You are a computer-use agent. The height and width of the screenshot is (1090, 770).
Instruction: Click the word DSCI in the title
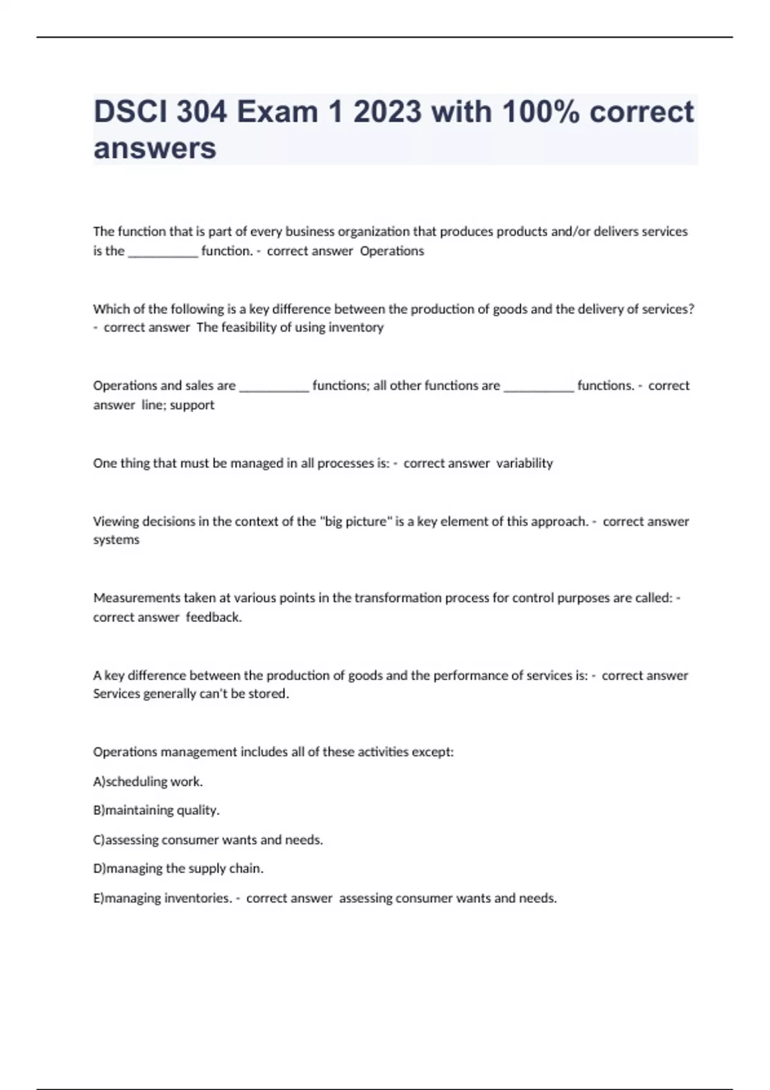click(130, 112)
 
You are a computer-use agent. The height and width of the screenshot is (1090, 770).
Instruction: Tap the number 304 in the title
click(201, 112)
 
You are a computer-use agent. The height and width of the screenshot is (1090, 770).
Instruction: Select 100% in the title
click(541, 112)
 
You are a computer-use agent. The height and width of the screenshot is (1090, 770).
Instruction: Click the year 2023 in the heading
click(388, 112)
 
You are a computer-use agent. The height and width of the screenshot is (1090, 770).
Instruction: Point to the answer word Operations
click(391, 251)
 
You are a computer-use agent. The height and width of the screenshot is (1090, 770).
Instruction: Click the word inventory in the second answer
click(355, 328)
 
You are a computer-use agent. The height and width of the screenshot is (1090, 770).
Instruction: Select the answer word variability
click(524, 463)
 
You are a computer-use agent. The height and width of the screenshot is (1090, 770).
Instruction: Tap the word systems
click(116, 540)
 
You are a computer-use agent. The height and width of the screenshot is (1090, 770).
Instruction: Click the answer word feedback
click(214, 617)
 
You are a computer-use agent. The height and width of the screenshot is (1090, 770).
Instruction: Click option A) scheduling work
click(148, 782)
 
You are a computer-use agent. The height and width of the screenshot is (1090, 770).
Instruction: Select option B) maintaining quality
click(156, 810)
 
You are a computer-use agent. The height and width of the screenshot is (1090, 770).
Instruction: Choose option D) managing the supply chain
click(178, 869)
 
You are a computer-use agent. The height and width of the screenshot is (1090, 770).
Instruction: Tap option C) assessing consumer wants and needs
click(207, 840)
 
